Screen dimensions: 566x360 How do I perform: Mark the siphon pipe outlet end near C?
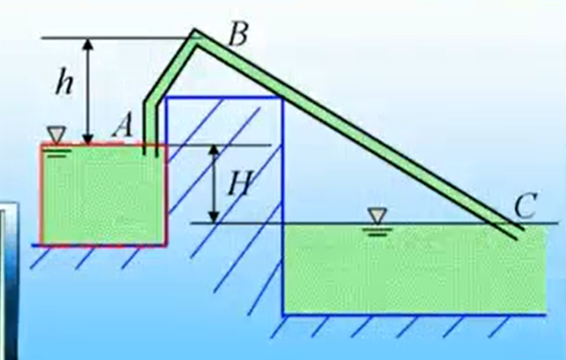point(516,232)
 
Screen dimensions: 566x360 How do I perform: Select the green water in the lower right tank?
point(409,268)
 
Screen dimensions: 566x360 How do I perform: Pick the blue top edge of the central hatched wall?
point(224,97)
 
